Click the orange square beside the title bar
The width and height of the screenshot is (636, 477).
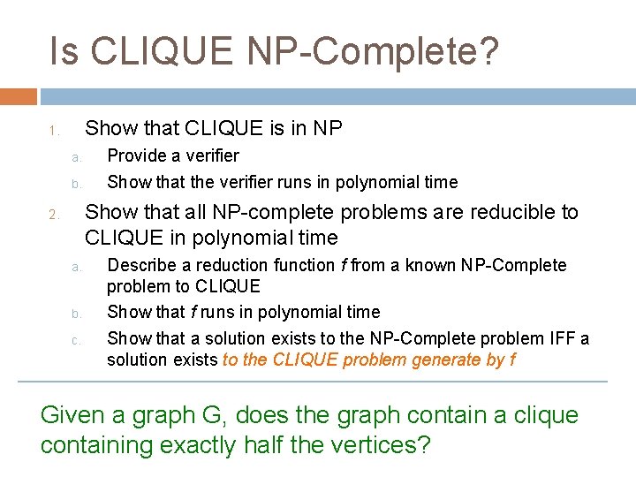[x=19, y=96]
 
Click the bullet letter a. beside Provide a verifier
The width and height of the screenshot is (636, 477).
[x=76, y=158]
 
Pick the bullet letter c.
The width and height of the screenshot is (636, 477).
[x=76, y=339]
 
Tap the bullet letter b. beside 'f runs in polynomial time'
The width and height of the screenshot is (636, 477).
[x=76, y=314]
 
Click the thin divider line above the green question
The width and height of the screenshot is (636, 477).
[x=314, y=382]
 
